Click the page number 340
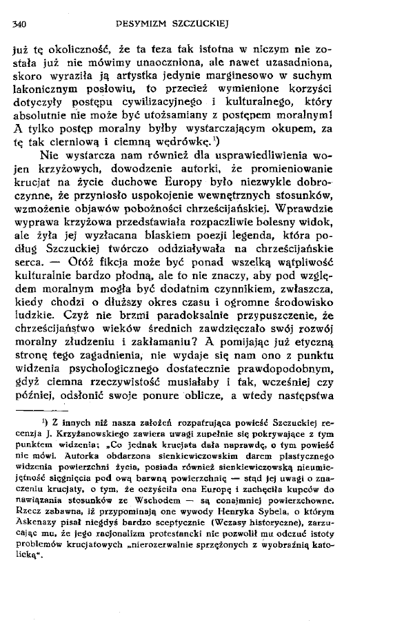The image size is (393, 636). tap(19, 26)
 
